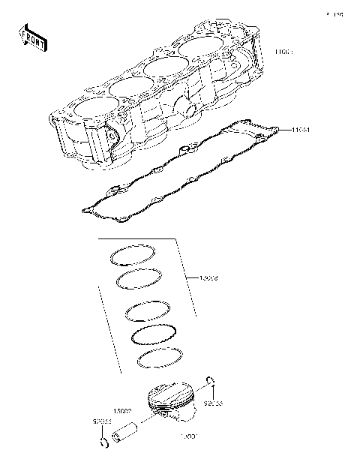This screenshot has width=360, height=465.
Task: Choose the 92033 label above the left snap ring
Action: (102, 422)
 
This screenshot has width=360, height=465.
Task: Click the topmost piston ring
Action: (133, 256)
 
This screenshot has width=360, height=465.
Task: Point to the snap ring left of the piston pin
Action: (103, 447)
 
